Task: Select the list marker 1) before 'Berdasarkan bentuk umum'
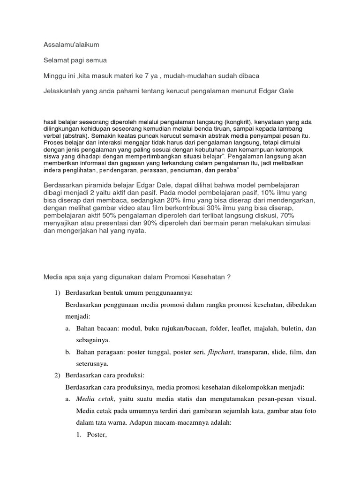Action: coord(58,292)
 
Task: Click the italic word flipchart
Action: coord(223,352)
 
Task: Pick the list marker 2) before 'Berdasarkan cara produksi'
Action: coord(58,376)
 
